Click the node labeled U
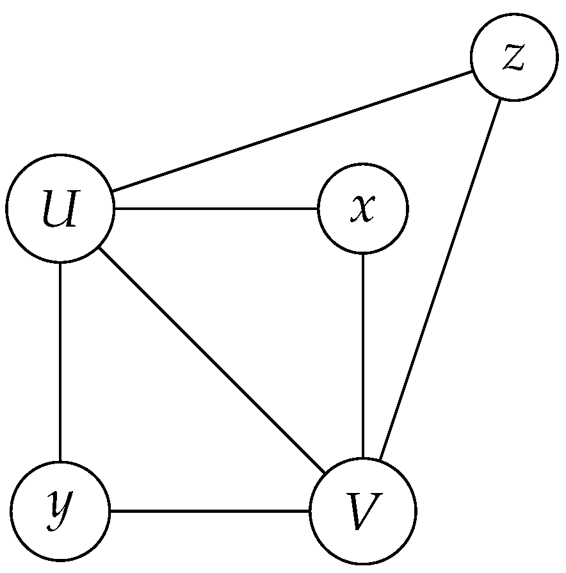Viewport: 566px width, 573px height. [60, 208]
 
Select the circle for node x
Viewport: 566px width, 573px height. [362, 208]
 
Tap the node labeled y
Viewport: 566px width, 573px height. [60, 510]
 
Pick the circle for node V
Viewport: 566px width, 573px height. [362, 510]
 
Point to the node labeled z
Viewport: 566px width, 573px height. [513, 58]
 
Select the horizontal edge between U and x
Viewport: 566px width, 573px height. [216, 208]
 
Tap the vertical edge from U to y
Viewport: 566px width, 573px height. [60, 361]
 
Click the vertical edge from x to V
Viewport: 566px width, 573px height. [362, 355]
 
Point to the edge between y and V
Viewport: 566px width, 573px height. [209, 510]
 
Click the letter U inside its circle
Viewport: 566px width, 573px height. [60, 209]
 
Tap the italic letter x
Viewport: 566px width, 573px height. [362, 209]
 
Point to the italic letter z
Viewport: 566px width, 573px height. [513, 58]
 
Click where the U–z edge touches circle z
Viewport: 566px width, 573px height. [473, 71]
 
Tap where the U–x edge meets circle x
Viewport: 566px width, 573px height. [318, 208]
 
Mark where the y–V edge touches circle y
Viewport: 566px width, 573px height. [109, 510]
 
